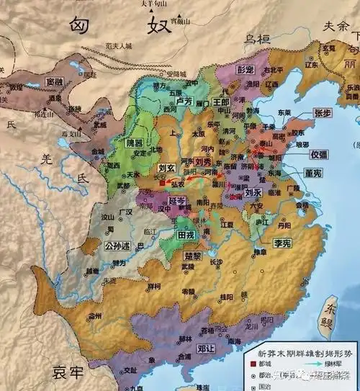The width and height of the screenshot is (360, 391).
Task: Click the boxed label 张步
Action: (302, 114)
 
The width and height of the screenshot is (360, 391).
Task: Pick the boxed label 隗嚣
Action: (135, 143)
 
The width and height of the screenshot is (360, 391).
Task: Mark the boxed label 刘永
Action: (251, 193)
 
